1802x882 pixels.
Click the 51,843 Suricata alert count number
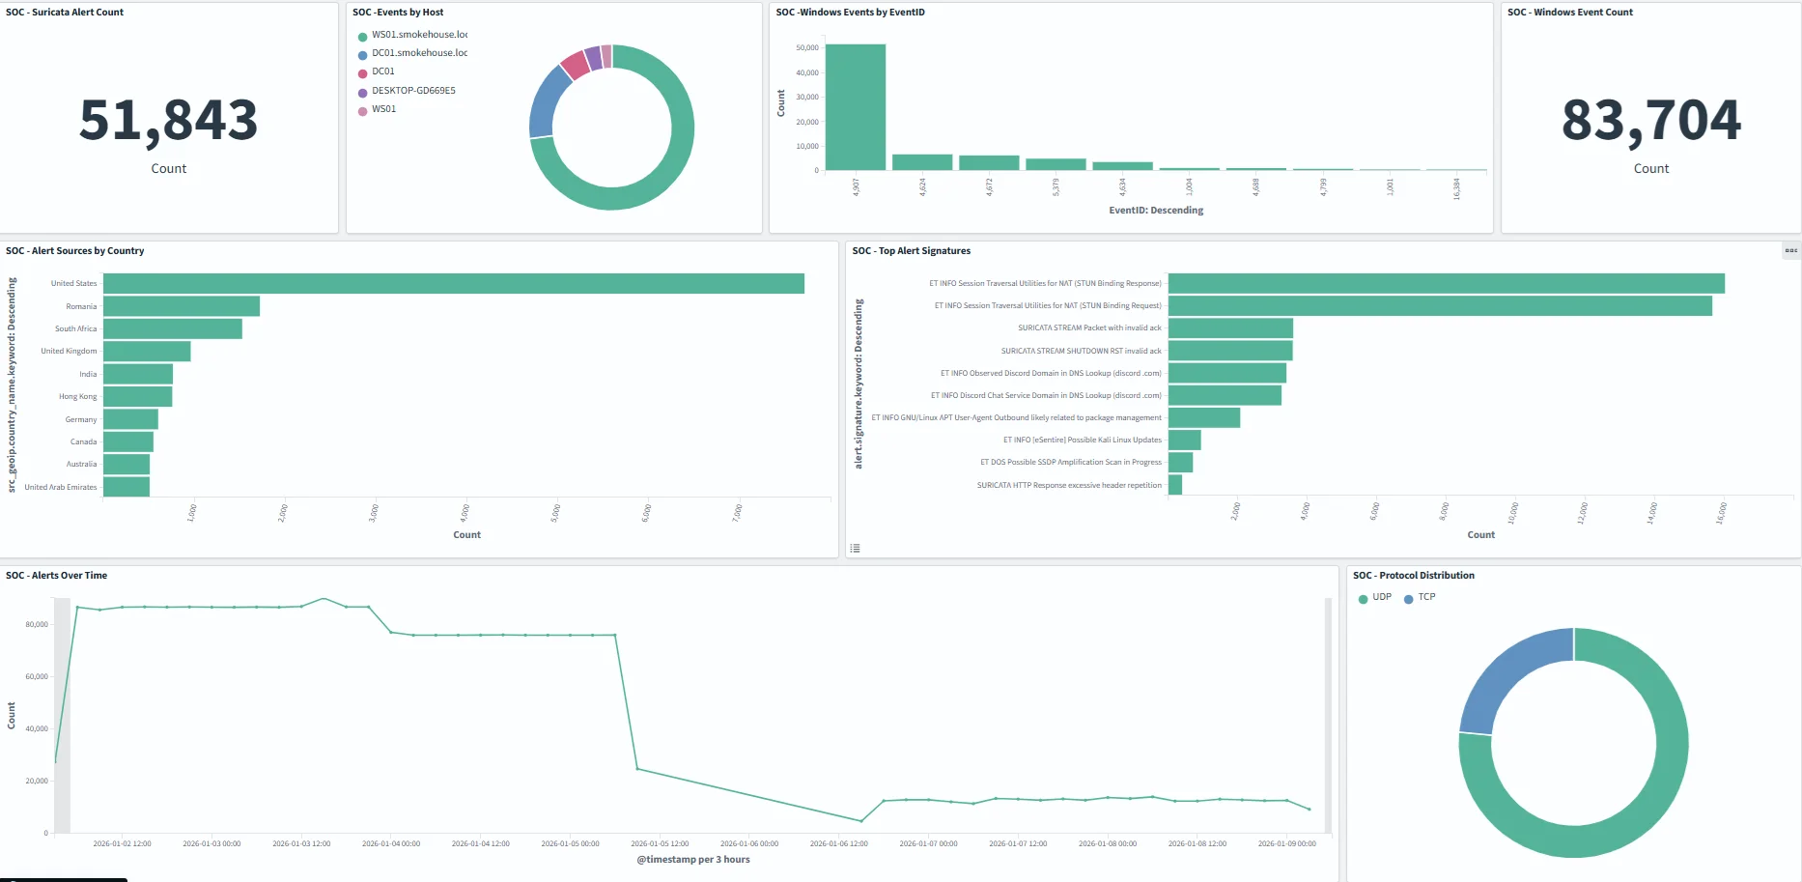[168, 122]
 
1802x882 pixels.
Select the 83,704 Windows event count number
[1650, 122]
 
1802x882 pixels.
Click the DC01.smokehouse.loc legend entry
[419, 53]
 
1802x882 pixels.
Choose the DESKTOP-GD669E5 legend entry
[413, 91]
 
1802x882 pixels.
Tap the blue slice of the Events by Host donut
[549, 101]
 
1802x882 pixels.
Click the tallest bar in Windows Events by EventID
[855, 107]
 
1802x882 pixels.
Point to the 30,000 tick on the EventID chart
[807, 98]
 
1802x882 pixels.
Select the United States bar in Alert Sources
[454, 283]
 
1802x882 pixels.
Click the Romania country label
[81, 306]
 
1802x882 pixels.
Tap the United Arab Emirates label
[61, 487]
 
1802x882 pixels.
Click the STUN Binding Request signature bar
[1439, 305]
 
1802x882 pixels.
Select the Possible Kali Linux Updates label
[1082, 440]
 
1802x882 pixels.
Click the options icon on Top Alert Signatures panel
[1790, 250]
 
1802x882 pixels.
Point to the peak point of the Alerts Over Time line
[324, 599]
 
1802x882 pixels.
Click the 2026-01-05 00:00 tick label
[570, 843]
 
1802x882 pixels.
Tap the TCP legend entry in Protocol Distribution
[1425, 597]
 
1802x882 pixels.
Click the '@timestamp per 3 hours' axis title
[692, 859]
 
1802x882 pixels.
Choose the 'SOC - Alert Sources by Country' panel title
[74, 250]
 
